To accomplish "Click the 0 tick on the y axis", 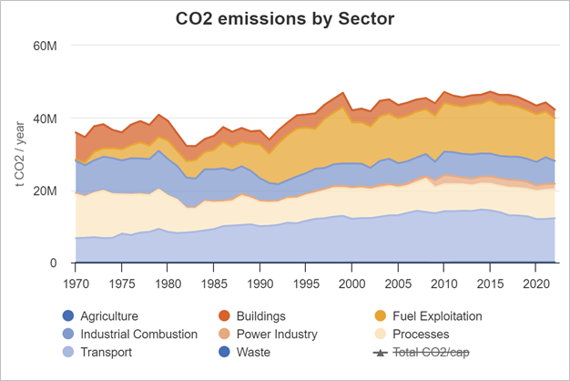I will pyautogui.click(x=53, y=263).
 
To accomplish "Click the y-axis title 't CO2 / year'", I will pyautogui.click(x=20, y=154).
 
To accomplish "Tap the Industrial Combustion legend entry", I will pyautogui.click(x=138, y=334).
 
